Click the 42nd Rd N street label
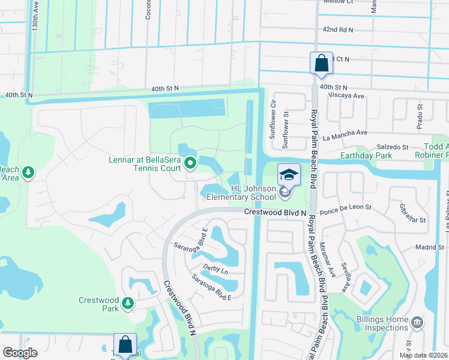(x=338, y=29)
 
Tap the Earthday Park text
(x=366, y=156)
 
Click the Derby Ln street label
(x=216, y=271)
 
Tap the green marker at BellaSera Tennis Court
(x=190, y=163)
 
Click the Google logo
(x=20, y=353)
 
